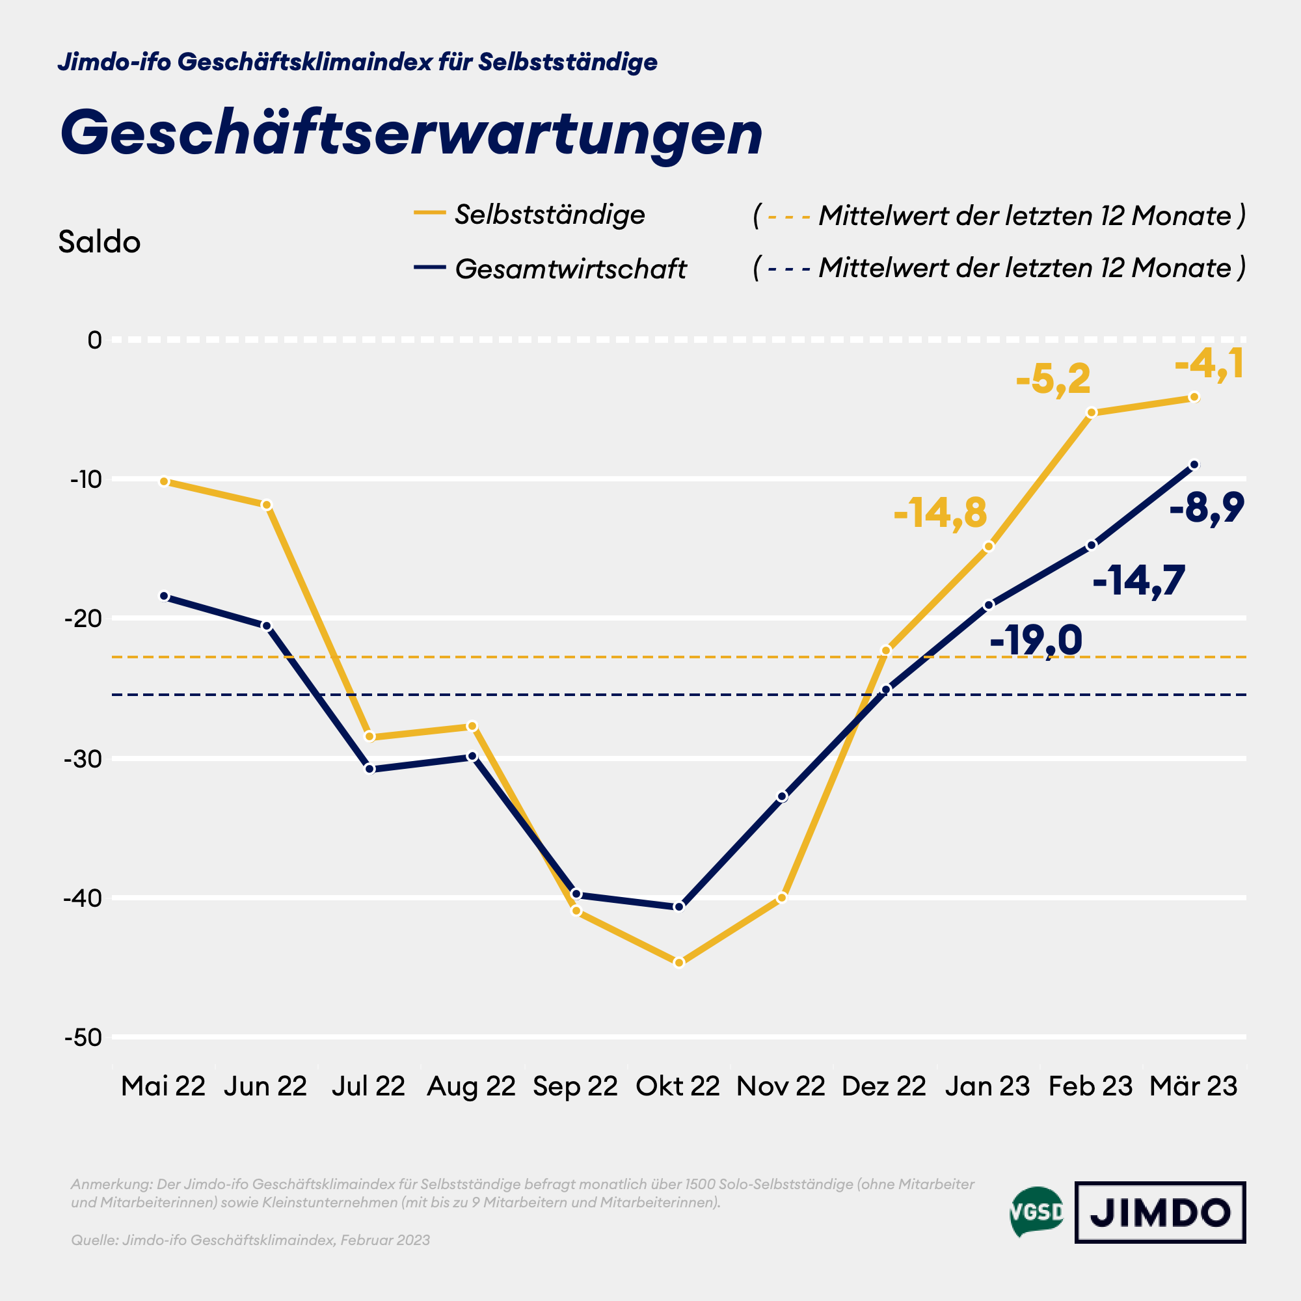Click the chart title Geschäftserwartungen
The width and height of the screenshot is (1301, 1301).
click(410, 133)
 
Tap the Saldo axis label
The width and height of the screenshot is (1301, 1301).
click(99, 243)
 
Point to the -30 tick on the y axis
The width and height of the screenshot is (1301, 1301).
click(83, 759)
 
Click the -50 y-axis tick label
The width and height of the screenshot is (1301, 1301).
click(83, 1038)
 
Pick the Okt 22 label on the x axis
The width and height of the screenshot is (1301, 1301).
click(677, 1086)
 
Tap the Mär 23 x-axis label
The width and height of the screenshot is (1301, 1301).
click(1193, 1086)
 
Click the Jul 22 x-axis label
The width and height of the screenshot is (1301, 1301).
click(368, 1086)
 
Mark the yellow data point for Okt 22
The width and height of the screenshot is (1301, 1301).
click(678, 963)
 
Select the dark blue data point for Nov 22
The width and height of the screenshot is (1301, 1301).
click(782, 797)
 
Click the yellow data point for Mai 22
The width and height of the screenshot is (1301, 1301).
click(164, 481)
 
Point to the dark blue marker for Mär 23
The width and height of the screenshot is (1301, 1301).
click(1194, 464)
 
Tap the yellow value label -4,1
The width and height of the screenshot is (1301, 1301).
click(1209, 364)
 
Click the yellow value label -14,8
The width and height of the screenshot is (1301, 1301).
click(940, 513)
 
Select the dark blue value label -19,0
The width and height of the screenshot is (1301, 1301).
click(1036, 640)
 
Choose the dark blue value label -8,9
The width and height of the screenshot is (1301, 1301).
click(1207, 508)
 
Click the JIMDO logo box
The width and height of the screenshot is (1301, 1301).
click(1160, 1213)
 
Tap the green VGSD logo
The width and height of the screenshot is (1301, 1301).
click(1037, 1212)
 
